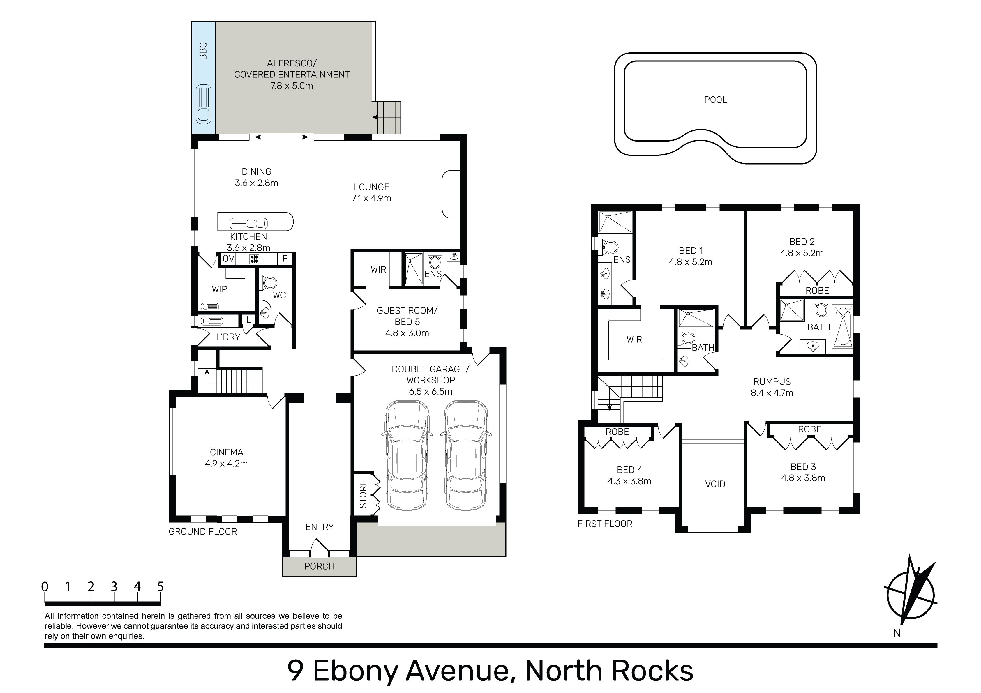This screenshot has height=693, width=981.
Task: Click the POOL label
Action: tap(715, 100)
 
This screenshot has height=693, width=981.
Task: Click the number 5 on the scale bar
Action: tap(160, 587)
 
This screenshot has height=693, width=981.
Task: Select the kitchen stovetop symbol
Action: tap(255, 259)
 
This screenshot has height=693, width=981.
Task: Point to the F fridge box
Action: tap(285, 259)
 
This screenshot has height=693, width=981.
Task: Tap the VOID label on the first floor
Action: tap(715, 484)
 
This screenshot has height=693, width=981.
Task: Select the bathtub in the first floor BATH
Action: tap(843, 326)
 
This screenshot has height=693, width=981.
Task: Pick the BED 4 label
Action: tap(629, 470)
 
